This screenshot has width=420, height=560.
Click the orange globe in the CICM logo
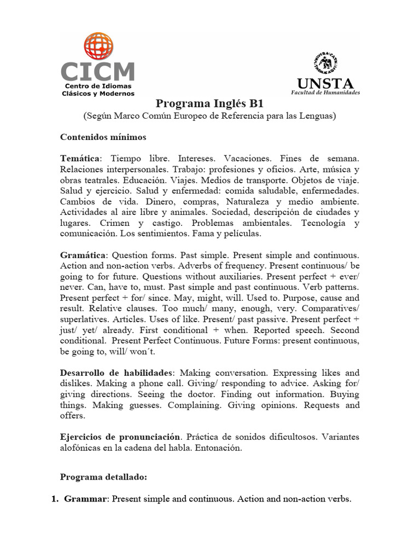pos(98,46)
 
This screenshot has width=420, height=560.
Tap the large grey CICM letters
pos(98,72)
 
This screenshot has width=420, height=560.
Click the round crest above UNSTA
pos(325,63)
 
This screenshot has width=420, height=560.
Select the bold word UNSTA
pos(325,84)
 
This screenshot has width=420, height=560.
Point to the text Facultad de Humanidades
pos(325,93)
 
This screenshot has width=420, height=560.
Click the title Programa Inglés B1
pos(209,104)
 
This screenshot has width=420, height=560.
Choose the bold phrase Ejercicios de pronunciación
pos(120,437)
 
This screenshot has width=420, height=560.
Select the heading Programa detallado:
pos(103,477)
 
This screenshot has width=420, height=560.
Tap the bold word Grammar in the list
pos(86,499)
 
